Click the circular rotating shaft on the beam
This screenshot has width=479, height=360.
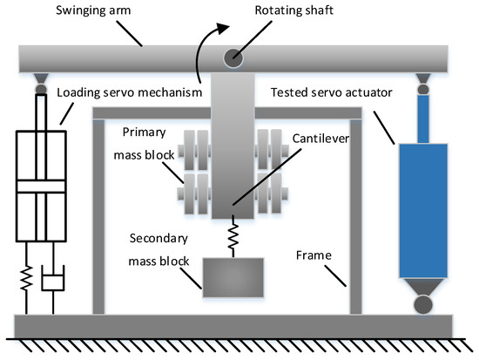(234, 58)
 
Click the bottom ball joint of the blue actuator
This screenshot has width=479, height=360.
(422, 305)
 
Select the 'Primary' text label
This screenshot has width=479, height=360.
(140, 134)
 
